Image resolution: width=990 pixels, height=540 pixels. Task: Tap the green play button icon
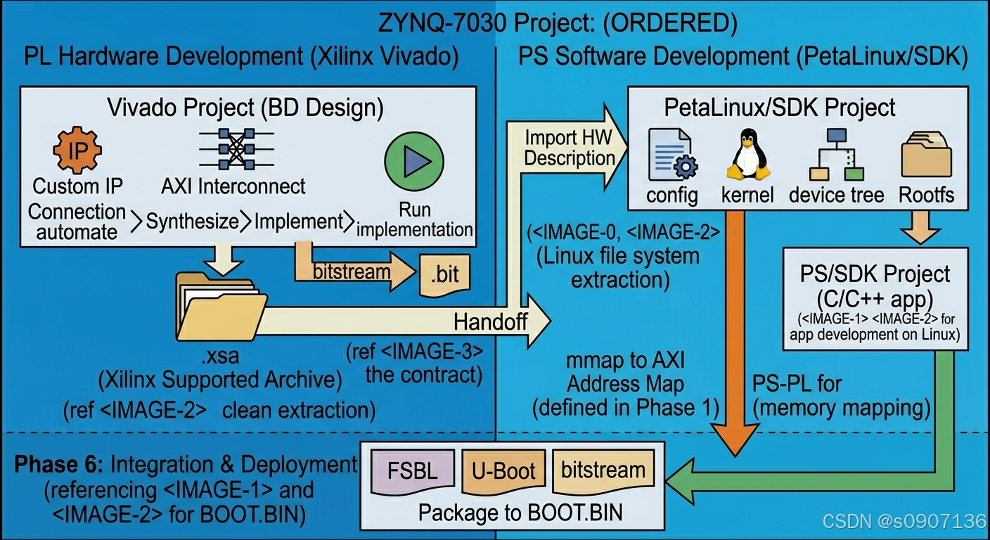[414, 161]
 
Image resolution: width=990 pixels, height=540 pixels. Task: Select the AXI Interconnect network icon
[236, 149]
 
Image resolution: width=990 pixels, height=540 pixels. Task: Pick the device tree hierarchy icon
[837, 154]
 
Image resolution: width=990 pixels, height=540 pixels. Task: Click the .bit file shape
[444, 276]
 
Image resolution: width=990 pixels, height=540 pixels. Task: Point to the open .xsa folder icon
[221, 307]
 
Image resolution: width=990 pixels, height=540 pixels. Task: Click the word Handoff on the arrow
[491, 322]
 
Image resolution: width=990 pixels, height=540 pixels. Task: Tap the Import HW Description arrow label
[570, 148]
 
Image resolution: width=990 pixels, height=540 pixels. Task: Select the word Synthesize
[192, 221]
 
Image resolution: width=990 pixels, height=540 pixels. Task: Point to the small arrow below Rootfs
[920, 227]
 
